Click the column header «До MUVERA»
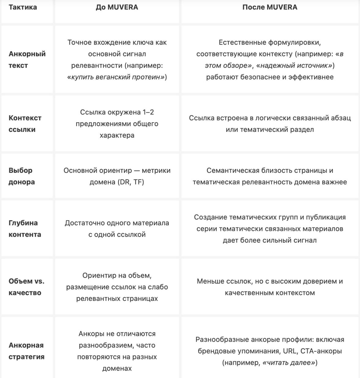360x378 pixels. (x=117, y=7)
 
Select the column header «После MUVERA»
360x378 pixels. (x=270, y=7)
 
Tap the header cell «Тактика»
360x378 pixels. (x=23, y=7)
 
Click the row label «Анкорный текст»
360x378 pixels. (x=27, y=60)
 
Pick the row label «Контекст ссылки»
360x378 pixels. (x=25, y=124)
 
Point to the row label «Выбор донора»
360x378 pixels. (x=22, y=176)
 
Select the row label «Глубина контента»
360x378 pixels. (x=25, y=229)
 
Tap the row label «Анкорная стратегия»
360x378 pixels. (x=27, y=351)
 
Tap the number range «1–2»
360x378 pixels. (x=148, y=112)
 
